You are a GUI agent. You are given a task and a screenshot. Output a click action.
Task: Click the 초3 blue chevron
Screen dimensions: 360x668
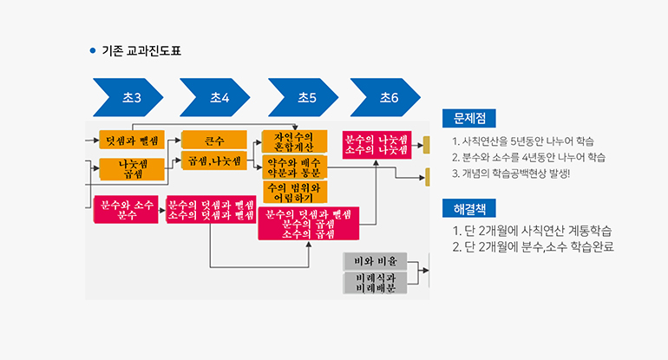point(127,98)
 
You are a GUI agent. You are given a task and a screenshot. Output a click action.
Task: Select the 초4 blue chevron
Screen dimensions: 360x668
point(214,98)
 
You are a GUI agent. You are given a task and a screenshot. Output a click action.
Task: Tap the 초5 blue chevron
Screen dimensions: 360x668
point(303,98)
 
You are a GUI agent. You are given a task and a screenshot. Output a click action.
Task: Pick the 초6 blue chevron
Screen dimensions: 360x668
point(384,98)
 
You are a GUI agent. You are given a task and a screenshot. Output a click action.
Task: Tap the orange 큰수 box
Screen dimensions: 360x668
point(214,140)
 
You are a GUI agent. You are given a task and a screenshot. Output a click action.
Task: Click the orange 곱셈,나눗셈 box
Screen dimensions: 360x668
point(214,161)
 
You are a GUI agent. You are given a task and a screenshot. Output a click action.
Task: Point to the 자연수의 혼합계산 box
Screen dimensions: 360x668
point(294,141)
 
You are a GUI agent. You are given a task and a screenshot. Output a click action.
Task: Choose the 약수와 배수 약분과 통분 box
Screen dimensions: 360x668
point(294,167)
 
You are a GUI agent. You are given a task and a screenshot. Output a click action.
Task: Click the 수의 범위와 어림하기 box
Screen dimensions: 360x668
point(294,192)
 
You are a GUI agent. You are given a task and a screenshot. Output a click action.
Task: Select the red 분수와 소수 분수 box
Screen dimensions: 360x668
point(127,210)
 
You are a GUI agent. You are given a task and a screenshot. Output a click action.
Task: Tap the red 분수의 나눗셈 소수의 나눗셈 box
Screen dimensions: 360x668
point(376,144)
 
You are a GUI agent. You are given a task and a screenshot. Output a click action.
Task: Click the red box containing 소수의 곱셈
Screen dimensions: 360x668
point(309,224)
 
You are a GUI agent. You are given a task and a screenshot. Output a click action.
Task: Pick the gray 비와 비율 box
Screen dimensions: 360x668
point(375,260)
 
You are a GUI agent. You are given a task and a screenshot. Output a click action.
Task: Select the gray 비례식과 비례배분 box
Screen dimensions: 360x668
point(375,283)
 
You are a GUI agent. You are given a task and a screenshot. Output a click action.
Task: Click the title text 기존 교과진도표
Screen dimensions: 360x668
point(142,51)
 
